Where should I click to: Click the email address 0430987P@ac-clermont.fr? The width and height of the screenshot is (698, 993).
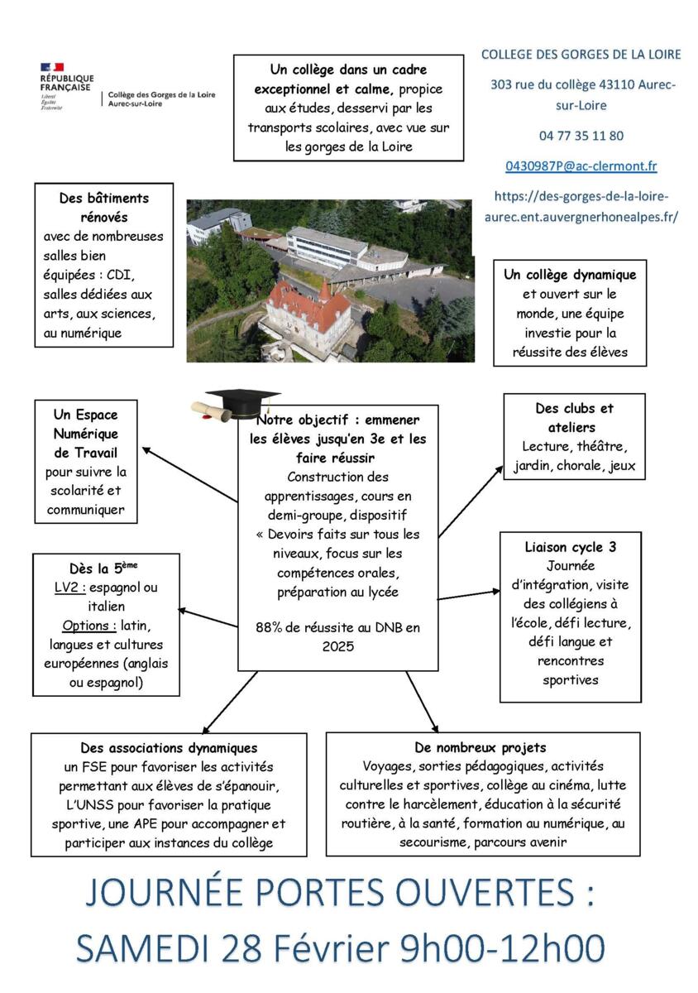(x=581, y=166)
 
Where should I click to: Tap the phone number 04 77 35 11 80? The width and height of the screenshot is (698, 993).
(x=581, y=136)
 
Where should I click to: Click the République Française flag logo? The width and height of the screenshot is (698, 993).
(x=52, y=66)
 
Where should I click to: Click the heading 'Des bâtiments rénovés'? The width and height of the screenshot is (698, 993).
(x=104, y=208)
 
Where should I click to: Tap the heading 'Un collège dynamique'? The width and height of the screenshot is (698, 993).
(x=570, y=275)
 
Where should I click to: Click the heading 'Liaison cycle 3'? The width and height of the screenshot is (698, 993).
(x=570, y=547)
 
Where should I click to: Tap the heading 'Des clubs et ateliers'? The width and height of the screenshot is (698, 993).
(x=574, y=418)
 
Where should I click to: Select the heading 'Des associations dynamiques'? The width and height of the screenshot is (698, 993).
(x=169, y=748)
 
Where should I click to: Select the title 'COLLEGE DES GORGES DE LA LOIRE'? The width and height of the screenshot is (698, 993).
(x=581, y=55)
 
